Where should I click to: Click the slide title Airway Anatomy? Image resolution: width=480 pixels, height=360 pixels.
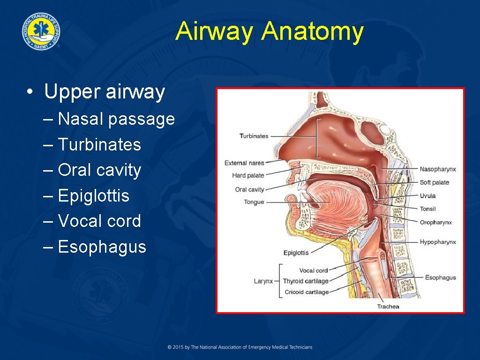tap(270, 32)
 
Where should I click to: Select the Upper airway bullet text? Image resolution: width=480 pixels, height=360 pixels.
tap(104, 91)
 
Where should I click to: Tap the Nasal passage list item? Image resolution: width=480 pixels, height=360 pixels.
tap(116, 119)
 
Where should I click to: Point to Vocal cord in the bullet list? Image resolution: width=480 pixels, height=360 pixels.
tap(99, 221)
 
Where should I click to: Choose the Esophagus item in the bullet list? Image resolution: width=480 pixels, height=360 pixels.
tap(102, 247)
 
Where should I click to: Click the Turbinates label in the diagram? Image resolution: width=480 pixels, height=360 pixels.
tap(254, 136)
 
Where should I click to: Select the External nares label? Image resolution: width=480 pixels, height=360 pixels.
tap(244, 163)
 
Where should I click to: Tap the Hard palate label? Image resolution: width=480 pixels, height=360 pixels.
tap(248, 175)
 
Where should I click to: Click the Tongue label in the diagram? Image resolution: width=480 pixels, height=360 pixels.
tap(254, 202)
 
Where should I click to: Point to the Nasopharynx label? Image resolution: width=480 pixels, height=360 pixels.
tap(438, 169)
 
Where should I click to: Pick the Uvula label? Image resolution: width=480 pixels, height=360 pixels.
tap(427, 195)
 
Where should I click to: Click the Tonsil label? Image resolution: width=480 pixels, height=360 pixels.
tap(427, 209)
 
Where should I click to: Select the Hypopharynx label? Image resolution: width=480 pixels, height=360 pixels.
tap(438, 242)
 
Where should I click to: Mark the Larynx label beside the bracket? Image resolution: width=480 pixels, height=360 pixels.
tap(263, 281)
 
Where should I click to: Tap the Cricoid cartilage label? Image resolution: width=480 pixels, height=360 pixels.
tap(307, 292)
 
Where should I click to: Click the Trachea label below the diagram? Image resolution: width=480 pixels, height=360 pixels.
tap(388, 307)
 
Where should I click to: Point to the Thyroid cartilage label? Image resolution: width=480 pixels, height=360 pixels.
tap(305, 281)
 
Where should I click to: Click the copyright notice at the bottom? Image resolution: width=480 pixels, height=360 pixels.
tap(240, 347)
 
